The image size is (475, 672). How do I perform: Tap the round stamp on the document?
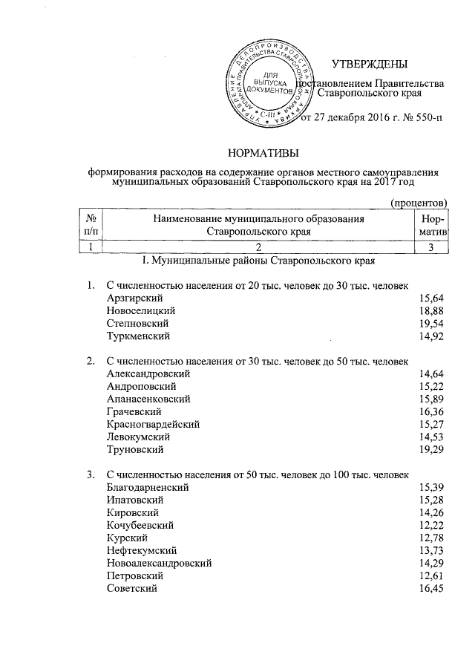click(266, 82)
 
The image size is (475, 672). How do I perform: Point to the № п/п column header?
click(94, 225)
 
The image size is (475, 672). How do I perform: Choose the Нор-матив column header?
click(432, 225)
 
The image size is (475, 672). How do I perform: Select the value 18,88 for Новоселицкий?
click(430, 311)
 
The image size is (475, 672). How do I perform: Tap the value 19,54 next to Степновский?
click(430, 324)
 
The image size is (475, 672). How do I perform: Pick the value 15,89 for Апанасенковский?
click(430, 399)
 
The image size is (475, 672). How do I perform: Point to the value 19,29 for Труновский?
click(430, 450)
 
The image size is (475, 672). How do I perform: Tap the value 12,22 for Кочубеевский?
click(430, 525)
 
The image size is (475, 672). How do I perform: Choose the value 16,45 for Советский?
click(430, 588)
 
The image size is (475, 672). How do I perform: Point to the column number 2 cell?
click(258, 247)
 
